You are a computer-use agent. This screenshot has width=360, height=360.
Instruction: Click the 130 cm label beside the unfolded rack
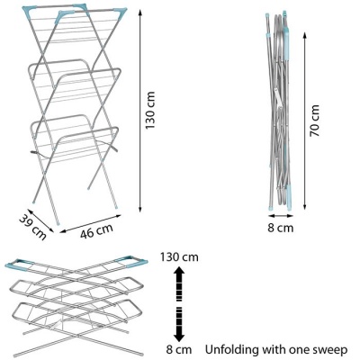(150, 111)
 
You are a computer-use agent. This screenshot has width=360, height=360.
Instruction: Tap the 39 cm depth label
(33, 228)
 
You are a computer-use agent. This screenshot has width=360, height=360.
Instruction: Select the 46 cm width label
(96, 231)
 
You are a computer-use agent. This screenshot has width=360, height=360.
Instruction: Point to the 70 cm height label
(315, 121)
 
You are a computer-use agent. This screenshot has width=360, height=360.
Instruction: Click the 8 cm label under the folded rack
(281, 228)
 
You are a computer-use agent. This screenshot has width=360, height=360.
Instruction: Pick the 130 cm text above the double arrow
(179, 257)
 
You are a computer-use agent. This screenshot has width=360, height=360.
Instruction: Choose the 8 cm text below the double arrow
(179, 349)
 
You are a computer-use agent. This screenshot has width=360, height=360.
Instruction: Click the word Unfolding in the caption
(231, 350)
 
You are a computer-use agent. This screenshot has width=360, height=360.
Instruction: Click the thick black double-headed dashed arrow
(179, 303)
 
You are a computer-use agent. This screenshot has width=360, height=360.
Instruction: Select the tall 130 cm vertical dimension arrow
(139, 111)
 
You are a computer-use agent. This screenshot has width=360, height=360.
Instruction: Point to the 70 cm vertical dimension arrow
(305, 121)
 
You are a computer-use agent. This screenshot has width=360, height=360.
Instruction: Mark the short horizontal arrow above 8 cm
(281, 215)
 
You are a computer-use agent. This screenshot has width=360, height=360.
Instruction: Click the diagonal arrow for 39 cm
(40, 220)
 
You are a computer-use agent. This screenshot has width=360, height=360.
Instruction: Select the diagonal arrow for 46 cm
(91, 223)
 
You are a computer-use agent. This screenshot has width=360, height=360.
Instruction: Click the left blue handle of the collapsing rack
(17, 265)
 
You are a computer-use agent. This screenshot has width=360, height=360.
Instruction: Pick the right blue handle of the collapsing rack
(132, 261)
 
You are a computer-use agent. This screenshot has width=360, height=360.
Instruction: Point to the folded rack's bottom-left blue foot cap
(270, 208)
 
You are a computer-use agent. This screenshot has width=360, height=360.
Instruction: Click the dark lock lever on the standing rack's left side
(35, 152)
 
